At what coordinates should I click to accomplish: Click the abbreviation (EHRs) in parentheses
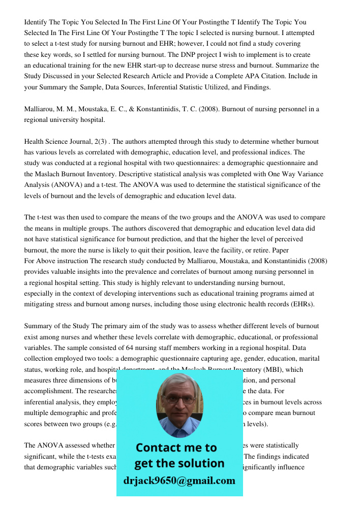[x=299, y=304]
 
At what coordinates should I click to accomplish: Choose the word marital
[x=308, y=358]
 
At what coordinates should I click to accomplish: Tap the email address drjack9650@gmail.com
[x=179, y=481]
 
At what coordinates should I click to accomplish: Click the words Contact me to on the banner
[x=176, y=448]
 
